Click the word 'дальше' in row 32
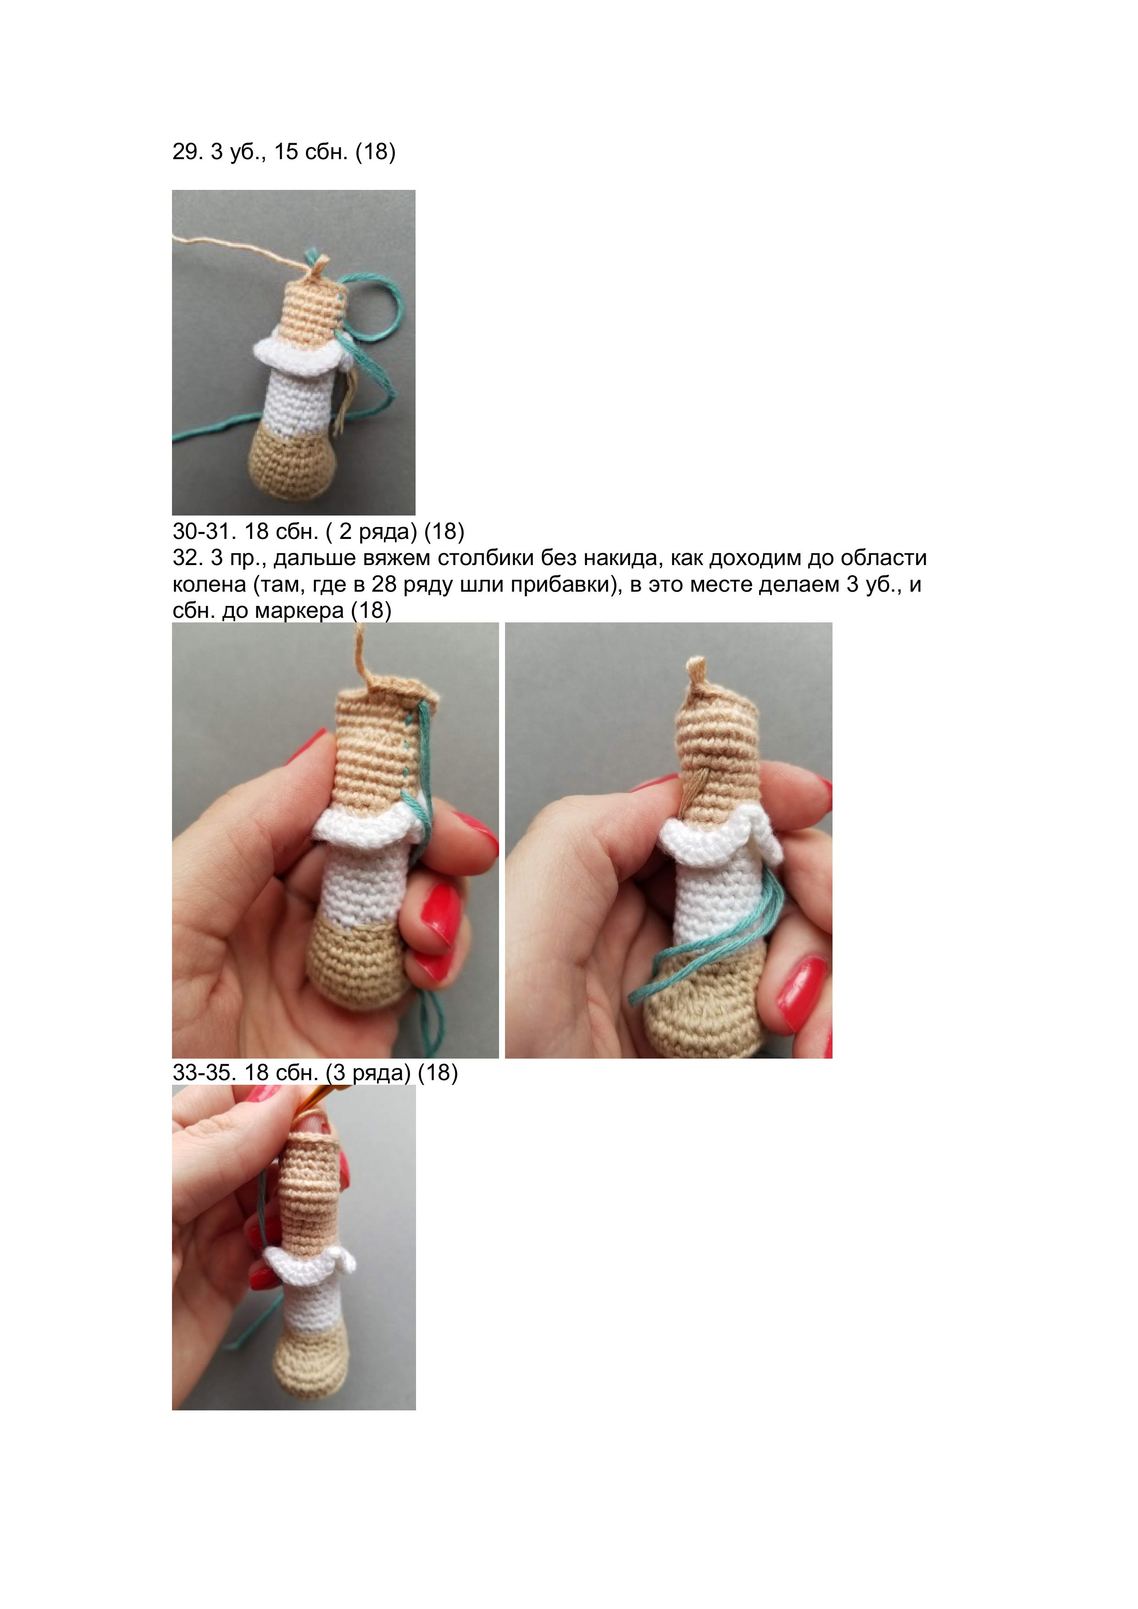click(308, 559)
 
